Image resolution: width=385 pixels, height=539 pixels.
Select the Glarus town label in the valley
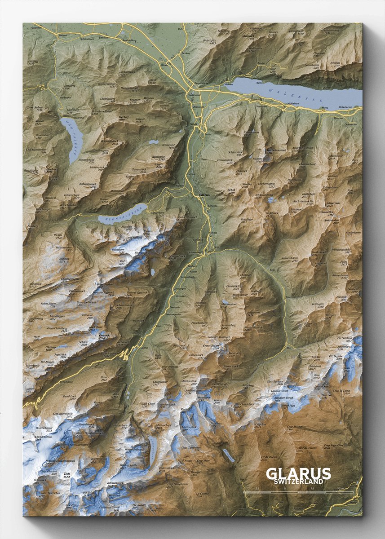(203, 195)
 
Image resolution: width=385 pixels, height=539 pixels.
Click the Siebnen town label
(62, 35)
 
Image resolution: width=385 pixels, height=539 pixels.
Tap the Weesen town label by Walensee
(228, 84)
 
